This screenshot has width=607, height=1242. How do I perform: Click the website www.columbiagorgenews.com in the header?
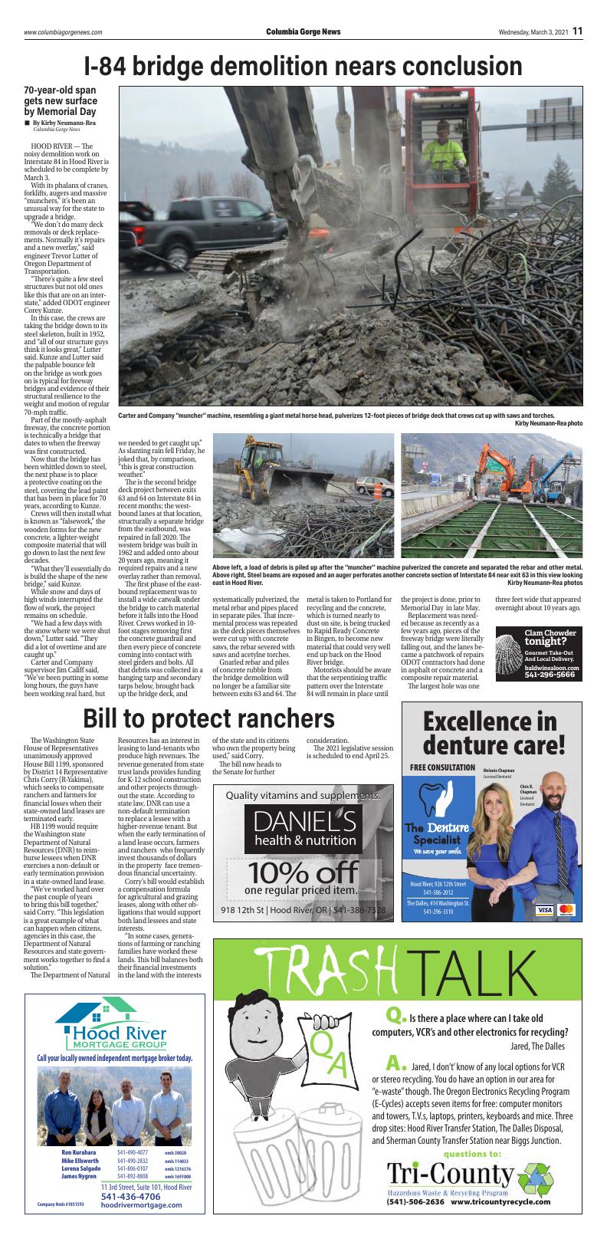(63, 32)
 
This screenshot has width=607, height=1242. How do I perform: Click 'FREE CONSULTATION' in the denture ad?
(442, 767)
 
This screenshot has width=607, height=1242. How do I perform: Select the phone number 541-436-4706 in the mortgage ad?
(130, 1196)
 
